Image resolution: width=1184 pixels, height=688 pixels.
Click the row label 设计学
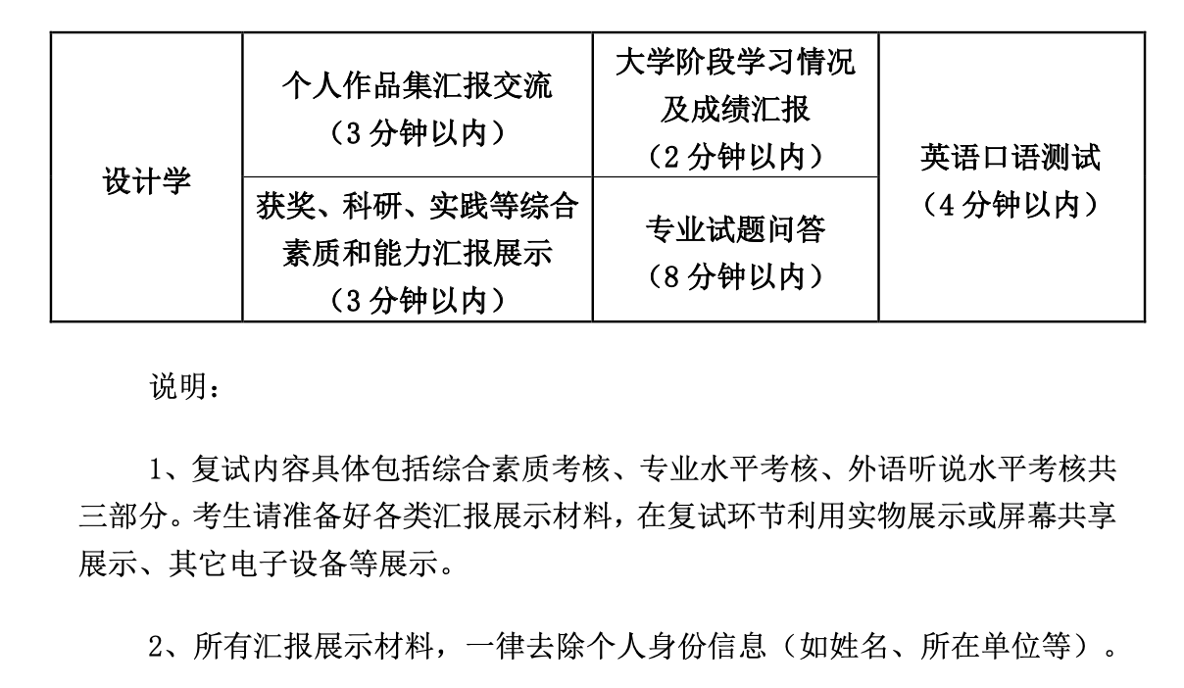click(x=146, y=180)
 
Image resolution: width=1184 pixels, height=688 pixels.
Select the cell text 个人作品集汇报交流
click(x=417, y=85)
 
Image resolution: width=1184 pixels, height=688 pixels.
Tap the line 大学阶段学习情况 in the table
click(x=735, y=62)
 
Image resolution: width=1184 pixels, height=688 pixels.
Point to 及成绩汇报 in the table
click(x=735, y=110)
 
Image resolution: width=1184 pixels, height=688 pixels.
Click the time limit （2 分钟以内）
click(x=735, y=157)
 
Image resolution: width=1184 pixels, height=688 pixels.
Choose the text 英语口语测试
click(x=1011, y=157)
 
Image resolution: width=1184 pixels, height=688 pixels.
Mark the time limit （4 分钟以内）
click(x=1011, y=205)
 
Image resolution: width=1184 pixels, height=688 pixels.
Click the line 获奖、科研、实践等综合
click(x=417, y=206)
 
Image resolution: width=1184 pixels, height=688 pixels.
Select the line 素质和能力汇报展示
click(x=417, y=253)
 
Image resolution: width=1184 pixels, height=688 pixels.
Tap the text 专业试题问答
click(x=735, y=228)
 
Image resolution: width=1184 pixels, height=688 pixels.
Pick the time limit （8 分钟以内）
click(x=735, y=276)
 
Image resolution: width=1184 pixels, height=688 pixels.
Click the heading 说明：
click(x=184, y=387)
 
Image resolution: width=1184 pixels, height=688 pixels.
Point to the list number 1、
click(x=166, y=469)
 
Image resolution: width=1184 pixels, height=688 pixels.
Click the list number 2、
click(x=166, y=646)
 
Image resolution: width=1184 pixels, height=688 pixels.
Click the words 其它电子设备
click(x=259, y=564)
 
